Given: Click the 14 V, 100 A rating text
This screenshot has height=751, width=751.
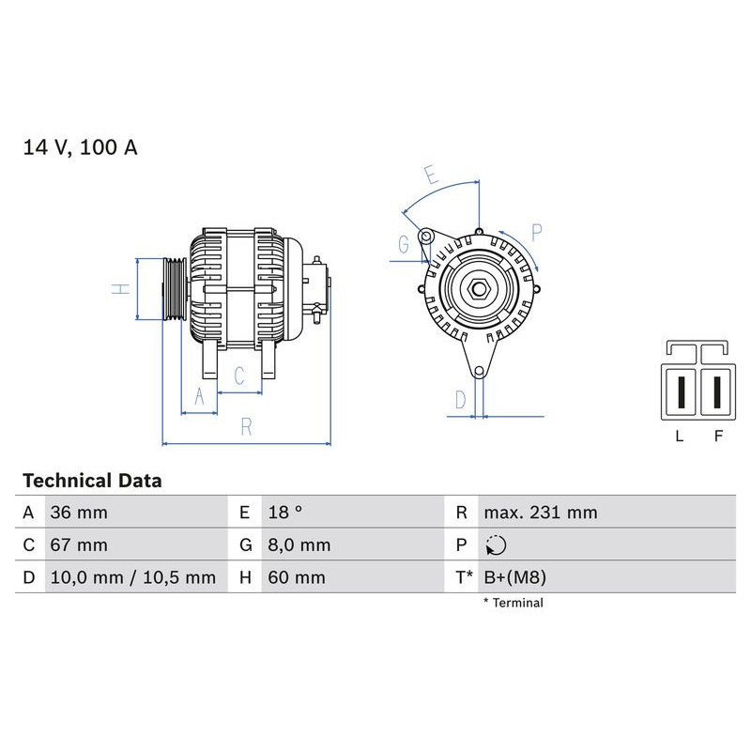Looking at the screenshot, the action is (80, 147).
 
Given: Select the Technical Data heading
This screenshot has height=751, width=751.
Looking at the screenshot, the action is (92, 481).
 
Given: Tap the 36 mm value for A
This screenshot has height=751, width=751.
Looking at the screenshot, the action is (79, 513).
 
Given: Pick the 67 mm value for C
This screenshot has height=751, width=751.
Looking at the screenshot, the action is (79, 545).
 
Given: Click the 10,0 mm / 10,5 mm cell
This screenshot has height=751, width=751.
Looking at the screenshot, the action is (133, 577).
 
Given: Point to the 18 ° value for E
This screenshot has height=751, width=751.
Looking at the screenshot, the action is (285, 513).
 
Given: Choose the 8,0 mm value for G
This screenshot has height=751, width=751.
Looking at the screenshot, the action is (299, 545).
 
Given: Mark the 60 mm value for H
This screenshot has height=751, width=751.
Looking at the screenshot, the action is (297, 577).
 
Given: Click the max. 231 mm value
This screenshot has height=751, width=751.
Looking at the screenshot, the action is (541, 513).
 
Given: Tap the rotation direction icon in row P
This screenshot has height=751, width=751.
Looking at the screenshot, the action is (497, 545).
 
